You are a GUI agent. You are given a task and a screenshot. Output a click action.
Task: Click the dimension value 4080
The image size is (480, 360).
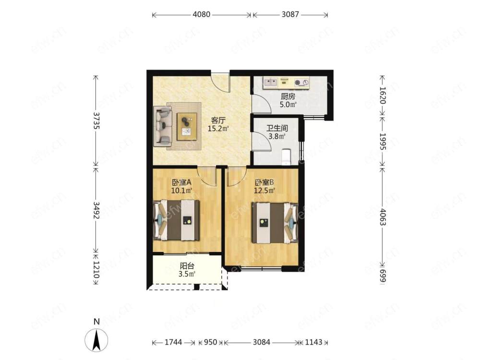[202, 14]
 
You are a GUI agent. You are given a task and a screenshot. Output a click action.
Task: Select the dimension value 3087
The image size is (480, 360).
[290, 14]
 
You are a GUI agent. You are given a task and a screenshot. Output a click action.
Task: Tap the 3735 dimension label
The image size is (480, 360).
[96, 120]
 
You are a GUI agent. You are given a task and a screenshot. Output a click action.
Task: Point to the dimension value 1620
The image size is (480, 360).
[383, 95]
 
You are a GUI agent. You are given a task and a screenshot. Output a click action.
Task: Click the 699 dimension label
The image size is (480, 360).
[383, 276]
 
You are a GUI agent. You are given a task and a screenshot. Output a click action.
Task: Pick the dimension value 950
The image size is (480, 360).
[210, 342]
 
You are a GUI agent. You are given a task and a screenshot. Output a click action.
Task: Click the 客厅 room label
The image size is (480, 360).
[218, 120]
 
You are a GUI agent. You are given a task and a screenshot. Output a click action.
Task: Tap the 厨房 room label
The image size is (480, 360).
[288, 96]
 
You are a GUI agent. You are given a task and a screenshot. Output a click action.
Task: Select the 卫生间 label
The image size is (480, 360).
[277, 128]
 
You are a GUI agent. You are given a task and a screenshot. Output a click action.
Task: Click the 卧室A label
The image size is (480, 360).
[181, 182]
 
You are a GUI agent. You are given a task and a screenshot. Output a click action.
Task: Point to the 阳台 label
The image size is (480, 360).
[187, 266]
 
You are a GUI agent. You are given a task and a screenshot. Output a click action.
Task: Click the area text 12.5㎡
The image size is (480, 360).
[264, 191]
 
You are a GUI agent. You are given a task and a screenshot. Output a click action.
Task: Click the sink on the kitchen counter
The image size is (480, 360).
[270, 82]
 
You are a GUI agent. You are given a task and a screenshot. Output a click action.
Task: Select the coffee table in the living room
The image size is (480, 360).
[187, 126]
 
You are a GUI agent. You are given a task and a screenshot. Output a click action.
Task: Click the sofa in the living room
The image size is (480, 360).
[162, 126]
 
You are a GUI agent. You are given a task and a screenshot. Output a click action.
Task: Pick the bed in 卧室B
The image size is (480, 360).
[275, 223]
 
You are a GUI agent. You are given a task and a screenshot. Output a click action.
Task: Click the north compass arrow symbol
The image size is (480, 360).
[96, 340]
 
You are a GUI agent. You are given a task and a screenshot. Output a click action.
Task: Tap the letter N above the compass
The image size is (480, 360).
[97, 322]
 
